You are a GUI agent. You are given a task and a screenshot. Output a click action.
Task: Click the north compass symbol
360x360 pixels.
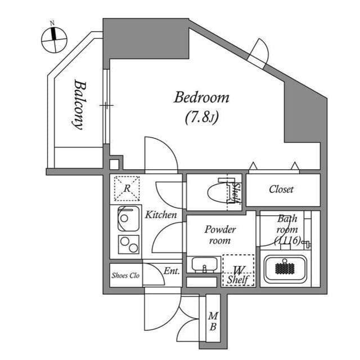click(54, 38)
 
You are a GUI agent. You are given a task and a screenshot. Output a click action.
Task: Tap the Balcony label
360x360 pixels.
click(80, 105)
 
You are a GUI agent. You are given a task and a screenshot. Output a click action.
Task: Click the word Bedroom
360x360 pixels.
click(201, 97)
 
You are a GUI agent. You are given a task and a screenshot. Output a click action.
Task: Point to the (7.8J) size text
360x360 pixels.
click(201, 117)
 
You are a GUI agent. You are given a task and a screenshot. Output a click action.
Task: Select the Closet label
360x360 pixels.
click(281, 190)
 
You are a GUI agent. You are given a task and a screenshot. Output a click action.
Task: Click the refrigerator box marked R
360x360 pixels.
click(127, 188)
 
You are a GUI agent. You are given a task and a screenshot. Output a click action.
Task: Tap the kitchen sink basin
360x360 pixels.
click(129, 219)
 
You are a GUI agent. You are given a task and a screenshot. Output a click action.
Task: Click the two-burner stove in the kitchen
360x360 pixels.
click(129, 245)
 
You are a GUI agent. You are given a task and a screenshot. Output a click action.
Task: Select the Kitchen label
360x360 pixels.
click(161, 215)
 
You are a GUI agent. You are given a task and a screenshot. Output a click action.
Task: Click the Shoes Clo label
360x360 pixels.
click(125, 276)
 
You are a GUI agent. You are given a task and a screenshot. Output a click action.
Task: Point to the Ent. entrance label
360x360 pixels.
click(172, 271)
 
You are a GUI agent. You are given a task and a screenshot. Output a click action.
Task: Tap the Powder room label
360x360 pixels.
click(220, 235)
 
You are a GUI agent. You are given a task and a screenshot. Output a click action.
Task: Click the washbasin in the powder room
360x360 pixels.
click(203, 264)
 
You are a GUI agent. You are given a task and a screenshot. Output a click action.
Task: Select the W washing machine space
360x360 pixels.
click(238, 271)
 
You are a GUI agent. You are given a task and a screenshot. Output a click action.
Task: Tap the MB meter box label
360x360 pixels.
click(214, 322)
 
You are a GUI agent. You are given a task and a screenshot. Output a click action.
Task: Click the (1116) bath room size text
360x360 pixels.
click(287, 240)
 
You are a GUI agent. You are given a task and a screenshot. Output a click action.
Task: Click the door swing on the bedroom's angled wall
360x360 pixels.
click(260, 52)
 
